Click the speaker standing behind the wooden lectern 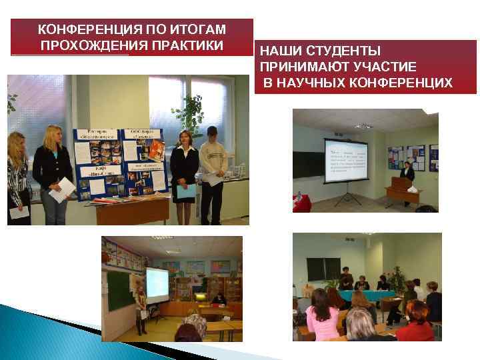click(x=408, y=174)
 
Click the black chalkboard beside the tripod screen click(x=307, y=164)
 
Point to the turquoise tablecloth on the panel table click(x=363, y=295)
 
